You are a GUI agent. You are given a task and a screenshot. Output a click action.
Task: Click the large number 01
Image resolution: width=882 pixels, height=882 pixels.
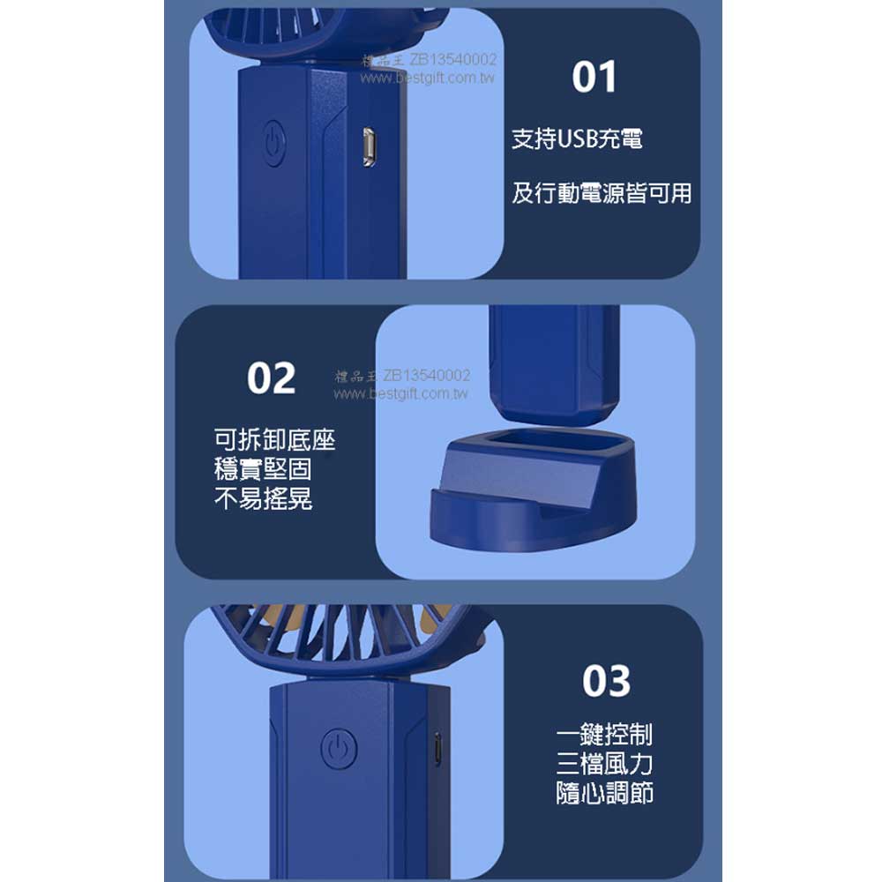pyautogui.click(x=594, y=77)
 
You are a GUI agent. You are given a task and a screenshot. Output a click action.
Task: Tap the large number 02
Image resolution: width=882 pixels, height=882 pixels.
pyautogui.click(x=271, y=378)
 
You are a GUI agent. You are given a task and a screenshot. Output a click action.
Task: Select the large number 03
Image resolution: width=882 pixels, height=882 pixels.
pyautogui.click(x=607, y=681)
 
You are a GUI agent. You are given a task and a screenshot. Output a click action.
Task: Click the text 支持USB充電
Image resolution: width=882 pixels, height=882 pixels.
pyautogui.click(x=577, y=139)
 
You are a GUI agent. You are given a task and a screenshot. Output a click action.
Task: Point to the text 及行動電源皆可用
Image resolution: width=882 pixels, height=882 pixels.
pyautogui.click(x=602, y=193)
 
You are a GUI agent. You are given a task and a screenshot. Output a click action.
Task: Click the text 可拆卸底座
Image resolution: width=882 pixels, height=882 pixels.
pyautogui.click(x=274, y=439)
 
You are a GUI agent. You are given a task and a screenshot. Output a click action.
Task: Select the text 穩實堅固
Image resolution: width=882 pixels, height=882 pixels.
pyautogui.click(x=263, y=469)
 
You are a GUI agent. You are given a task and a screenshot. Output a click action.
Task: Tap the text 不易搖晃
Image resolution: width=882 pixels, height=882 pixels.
pyautogui.click(x=263, y=498)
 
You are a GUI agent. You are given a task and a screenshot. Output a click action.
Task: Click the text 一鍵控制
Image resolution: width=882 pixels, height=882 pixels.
pyautogui.click(x=604, y=734)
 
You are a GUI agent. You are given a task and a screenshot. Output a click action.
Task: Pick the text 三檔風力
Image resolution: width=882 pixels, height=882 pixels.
pyautogui.click(x=604, y=763)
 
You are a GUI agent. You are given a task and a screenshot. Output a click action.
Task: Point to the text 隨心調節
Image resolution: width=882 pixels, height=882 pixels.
pyautogui.click(x=604, y=793)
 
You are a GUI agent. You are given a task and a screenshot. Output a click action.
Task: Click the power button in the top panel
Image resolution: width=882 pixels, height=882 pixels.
pyautogui.click(x=274, y=143)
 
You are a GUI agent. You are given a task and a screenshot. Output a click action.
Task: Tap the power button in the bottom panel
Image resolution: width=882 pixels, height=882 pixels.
pyautogui.click(x=339, y=748)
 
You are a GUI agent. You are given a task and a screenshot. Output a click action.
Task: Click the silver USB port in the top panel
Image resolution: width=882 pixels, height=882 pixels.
pyautogui.click(x=369, y=147)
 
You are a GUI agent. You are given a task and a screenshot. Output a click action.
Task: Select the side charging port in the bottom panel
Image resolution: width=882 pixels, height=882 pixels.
pyautogui.click(x=437, y=750)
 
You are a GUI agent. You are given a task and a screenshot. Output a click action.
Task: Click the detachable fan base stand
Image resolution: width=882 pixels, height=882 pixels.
pyautogui.click(x=534, y=489)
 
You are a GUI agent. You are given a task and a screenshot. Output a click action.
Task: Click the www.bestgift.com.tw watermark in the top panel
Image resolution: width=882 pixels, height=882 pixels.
pyautogui.click(x=428, y=78)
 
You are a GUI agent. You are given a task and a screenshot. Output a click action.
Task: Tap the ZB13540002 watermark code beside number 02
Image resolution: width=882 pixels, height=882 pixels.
pyautogui.click(x=426, y=375)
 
